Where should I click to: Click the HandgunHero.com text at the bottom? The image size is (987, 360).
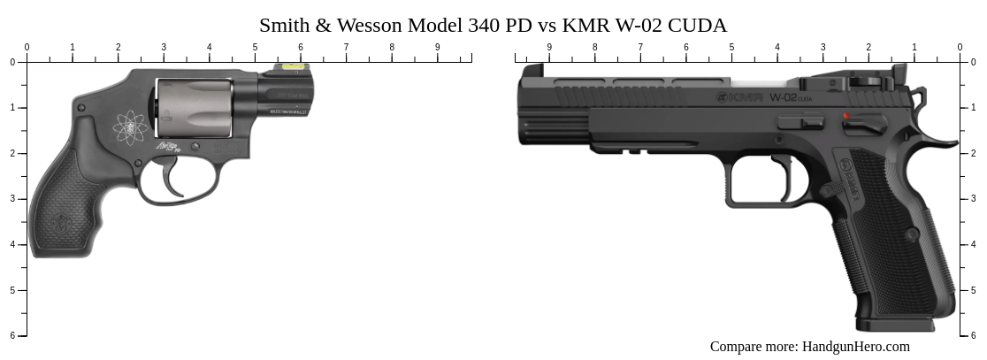point(855,347)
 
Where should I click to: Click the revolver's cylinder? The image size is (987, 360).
point(195,108)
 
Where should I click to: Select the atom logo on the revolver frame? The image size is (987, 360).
point(131,128)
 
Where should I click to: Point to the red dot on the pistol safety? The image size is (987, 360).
point(846,116)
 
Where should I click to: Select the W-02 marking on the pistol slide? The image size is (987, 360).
point(784,97)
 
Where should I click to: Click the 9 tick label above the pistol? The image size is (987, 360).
point(549,47)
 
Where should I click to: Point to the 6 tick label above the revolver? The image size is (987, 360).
point(301,47)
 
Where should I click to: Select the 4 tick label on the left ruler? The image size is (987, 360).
point(12,244)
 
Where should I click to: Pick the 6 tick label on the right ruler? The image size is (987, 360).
point(974,335)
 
